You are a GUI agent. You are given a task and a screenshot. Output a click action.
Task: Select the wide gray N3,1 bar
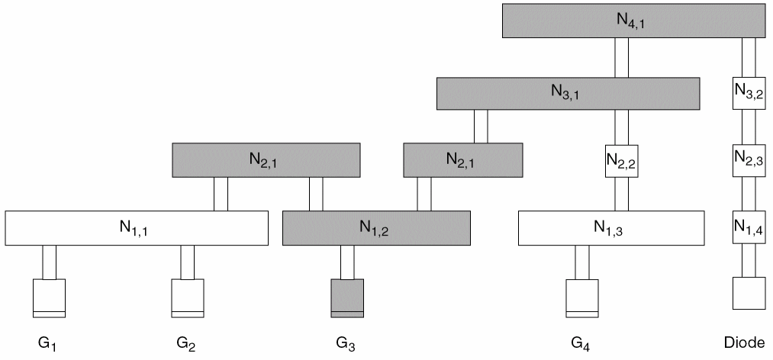point(568,93)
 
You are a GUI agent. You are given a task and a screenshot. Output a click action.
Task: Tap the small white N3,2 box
point(748,93)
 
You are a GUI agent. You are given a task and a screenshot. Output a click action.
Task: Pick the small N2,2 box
point(621,161)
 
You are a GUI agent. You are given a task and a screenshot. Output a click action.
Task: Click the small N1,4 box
point(748,228)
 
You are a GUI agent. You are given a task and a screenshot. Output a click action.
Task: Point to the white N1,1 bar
point(137,228)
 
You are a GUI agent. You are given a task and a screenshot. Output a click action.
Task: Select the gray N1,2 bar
point(376,228)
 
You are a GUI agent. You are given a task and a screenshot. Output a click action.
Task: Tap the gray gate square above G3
point(346,297)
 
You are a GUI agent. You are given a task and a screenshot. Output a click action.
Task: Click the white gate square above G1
point(49,297)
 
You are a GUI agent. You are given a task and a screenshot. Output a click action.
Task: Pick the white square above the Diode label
point(748,293)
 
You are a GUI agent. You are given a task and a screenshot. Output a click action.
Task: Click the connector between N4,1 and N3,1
point(621,57)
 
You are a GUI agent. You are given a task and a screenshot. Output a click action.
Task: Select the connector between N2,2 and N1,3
point(621,194)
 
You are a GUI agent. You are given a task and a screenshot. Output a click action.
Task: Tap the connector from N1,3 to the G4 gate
point(581,262)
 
